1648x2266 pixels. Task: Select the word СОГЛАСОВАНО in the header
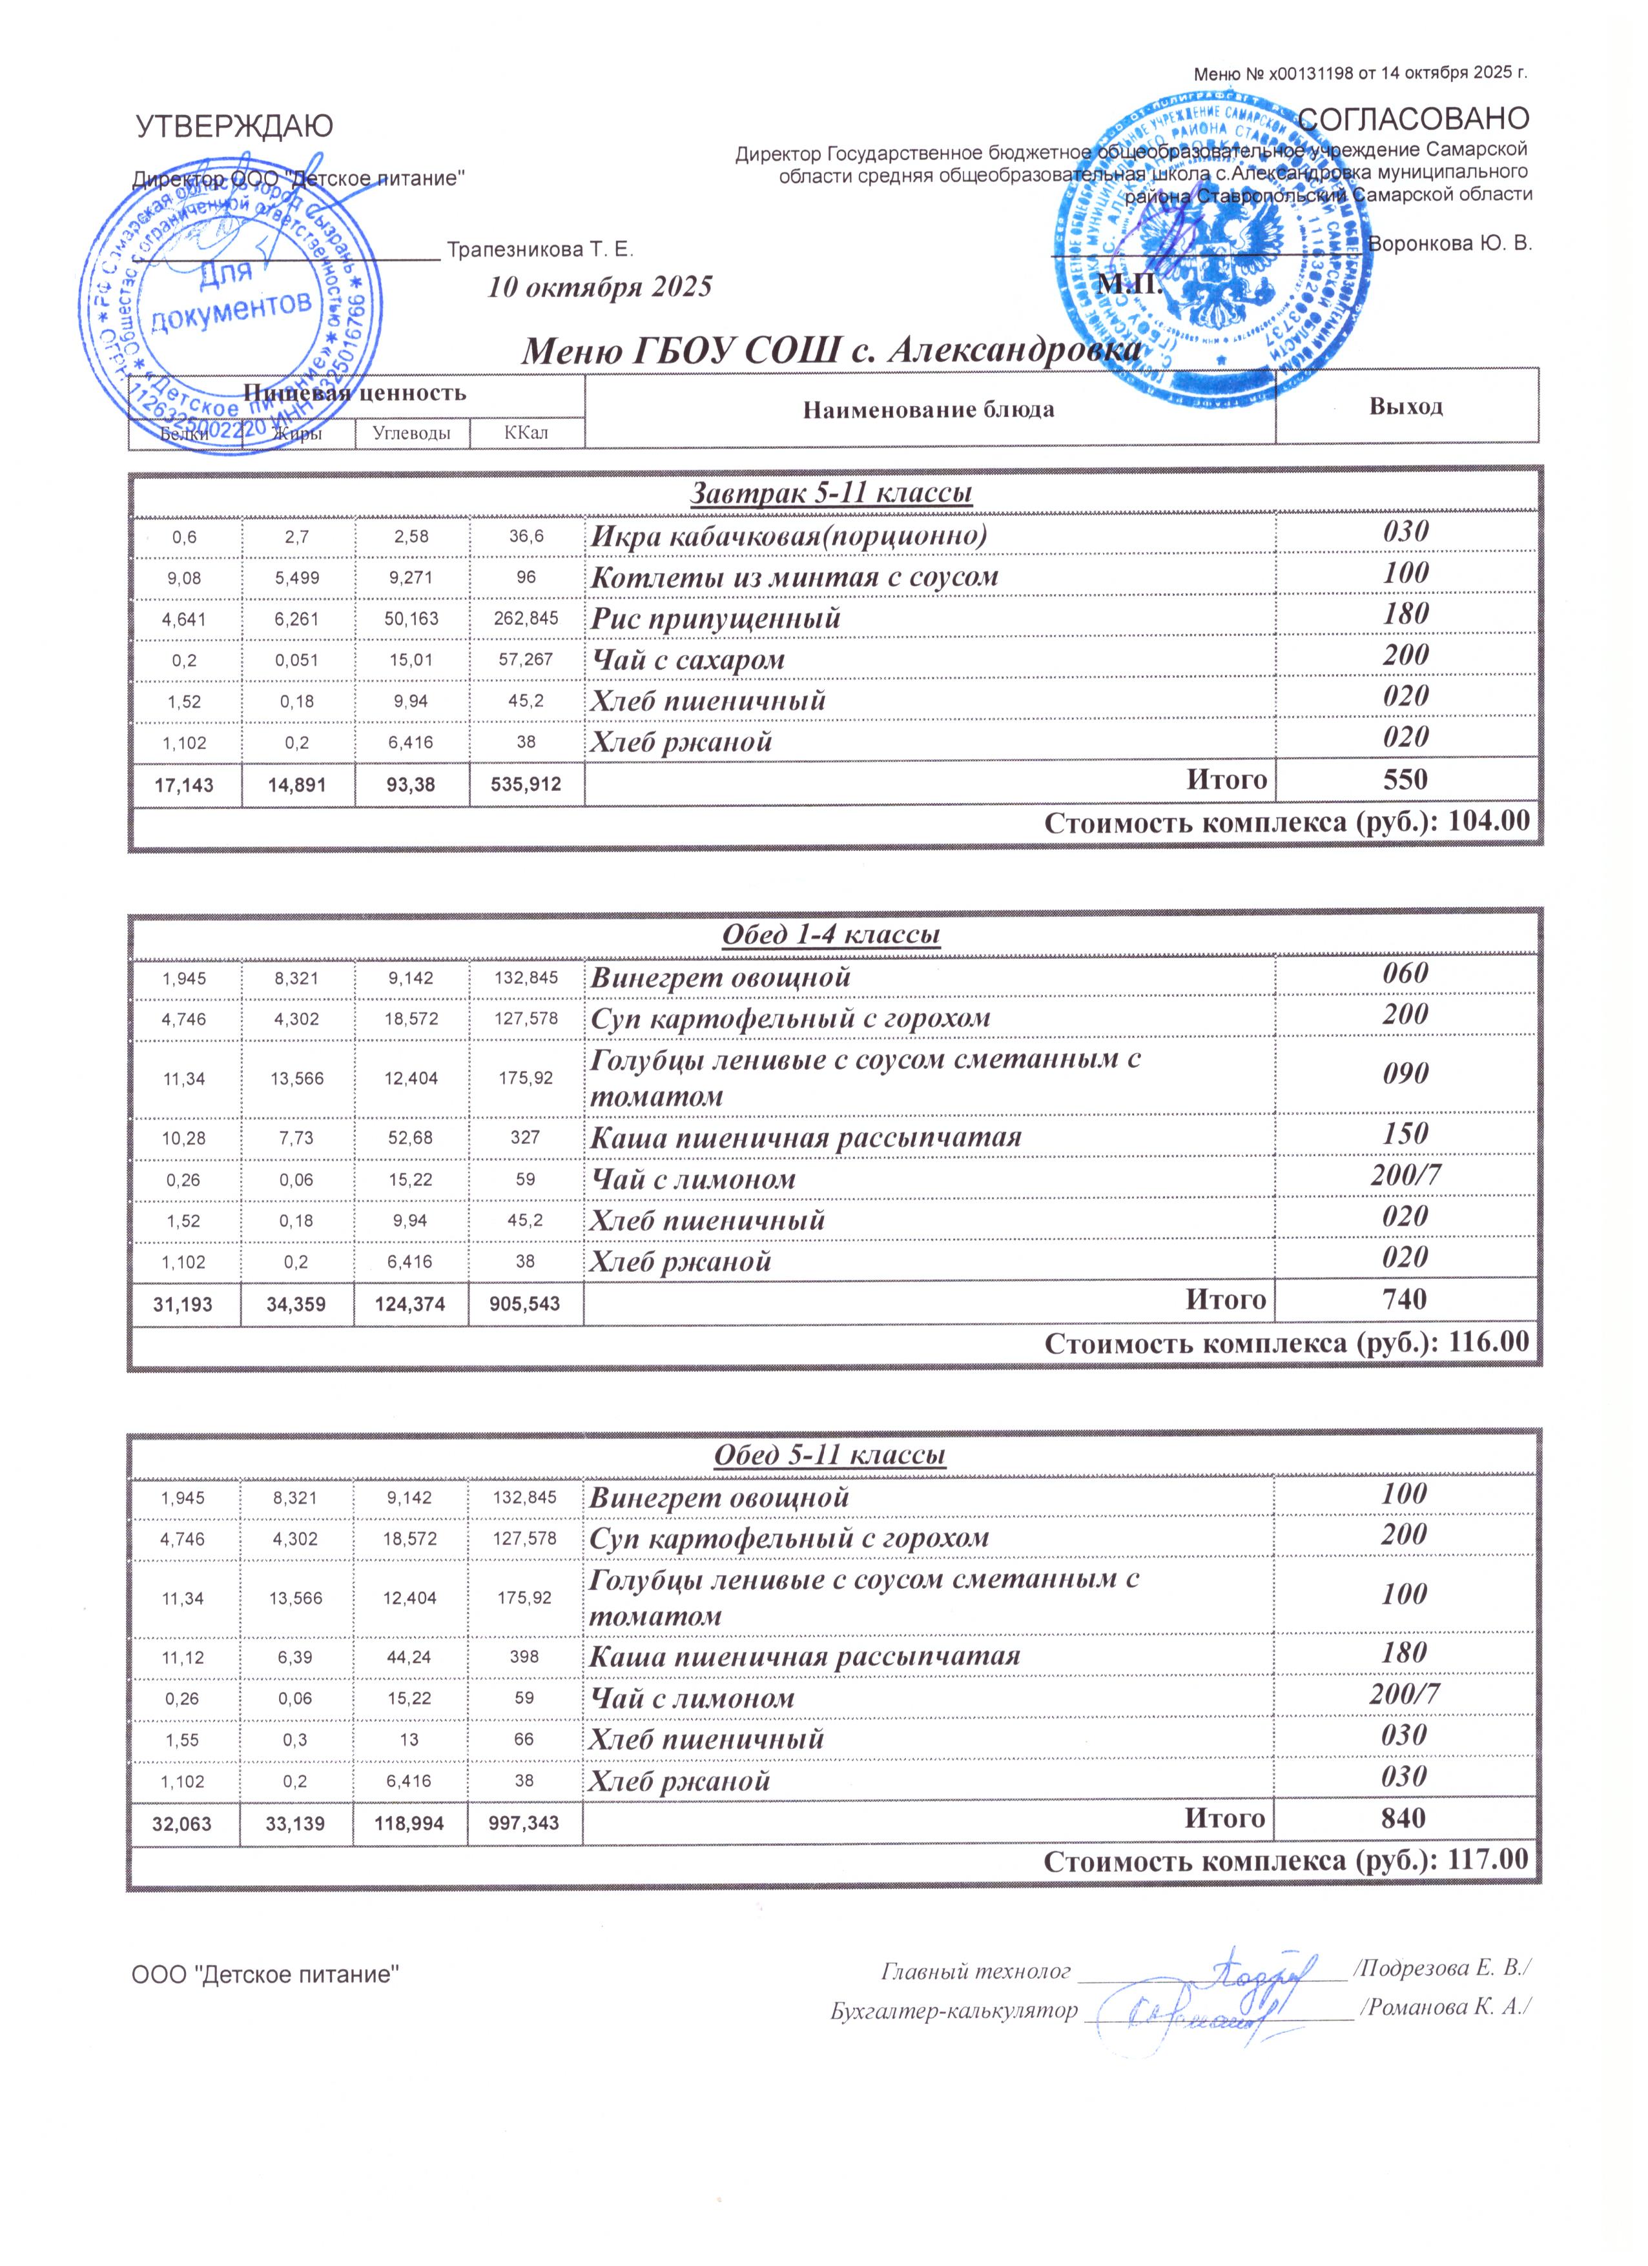pyautogui.click(x=1413, y=119)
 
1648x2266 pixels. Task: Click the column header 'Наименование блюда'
pyautogui.click(x=929, y=410)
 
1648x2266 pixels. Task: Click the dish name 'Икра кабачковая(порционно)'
pyautogui.click(x=788, y=536)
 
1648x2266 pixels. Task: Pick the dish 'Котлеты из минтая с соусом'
pyautogui.click(x=794, y=578)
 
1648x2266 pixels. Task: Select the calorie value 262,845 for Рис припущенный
pyautogui.click(x=526, y=618)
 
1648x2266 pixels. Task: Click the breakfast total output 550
pyautogui.click(x=1405, y=779)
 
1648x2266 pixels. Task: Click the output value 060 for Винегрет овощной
pyautogui.click(x=1405, y=973)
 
